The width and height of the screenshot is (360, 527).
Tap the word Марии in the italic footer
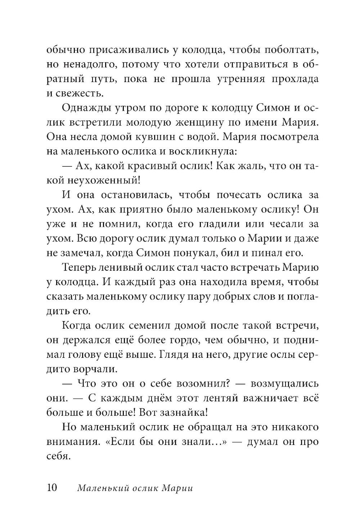pos(177,488)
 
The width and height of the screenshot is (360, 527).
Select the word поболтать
pos(285,49)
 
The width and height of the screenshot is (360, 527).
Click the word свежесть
pos(80,94)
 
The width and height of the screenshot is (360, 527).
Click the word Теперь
pos(81,267)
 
